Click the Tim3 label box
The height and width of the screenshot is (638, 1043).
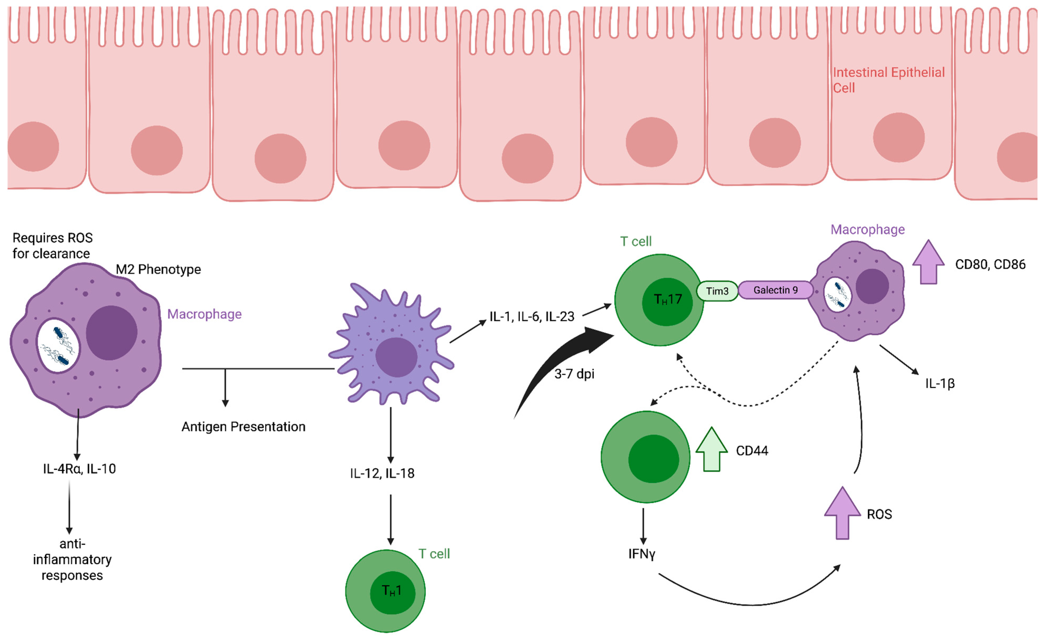pos(717,291)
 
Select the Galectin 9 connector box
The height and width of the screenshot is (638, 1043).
pos(776,290)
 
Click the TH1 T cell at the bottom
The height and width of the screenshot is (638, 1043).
pos(385,591)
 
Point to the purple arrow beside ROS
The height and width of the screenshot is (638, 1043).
pos(842,513)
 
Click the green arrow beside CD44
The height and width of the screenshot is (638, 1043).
pos(712,450)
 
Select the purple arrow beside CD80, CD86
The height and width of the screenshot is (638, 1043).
pos(928,262)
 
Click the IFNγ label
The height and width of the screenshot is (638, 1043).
pos(642,554)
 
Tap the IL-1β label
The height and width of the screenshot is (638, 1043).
pos(940,384)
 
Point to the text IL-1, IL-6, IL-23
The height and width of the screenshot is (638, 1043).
pos(532,316)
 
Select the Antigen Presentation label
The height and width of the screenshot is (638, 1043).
pos(243,427)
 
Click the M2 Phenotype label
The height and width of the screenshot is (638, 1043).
pos(158,269)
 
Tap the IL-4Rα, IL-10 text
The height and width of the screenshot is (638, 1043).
pos(79,469)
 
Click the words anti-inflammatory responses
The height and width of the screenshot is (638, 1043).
pos(72,559)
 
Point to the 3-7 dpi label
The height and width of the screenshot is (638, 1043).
pos(574,374)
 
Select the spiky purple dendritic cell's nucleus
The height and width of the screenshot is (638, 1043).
pos(396,357)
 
